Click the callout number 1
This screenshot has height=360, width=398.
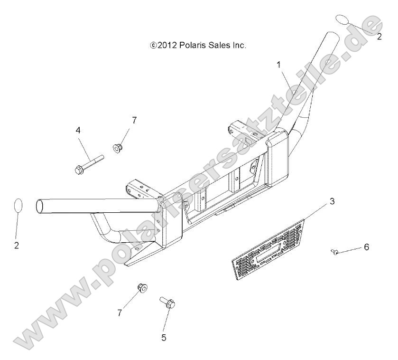(x=279, y=65)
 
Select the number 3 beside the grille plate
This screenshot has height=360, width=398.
(x=332, y=201)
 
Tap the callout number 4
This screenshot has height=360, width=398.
(x=78, y=130)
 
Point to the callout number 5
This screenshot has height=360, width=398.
(x=164, y=338)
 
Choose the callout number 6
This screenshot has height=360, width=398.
(x=367, y=247)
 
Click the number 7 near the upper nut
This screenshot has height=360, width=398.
(x=134, y=120)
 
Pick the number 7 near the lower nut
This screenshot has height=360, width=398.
(x=120, y=313)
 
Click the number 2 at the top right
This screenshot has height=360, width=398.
(x=379, y=37)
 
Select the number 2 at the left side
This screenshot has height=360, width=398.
(x=17, y=246)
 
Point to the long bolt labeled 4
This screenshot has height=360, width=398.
(x=89, y=164)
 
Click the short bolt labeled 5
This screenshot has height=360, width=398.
(x=168, y=303)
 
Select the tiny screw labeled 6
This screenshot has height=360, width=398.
(x=335, y=252)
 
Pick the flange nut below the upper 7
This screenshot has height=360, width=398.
(x=117, y=148)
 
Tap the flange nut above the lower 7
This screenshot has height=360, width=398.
(x=143, y=288)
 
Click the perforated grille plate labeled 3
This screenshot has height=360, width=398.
(x=268, y=250)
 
